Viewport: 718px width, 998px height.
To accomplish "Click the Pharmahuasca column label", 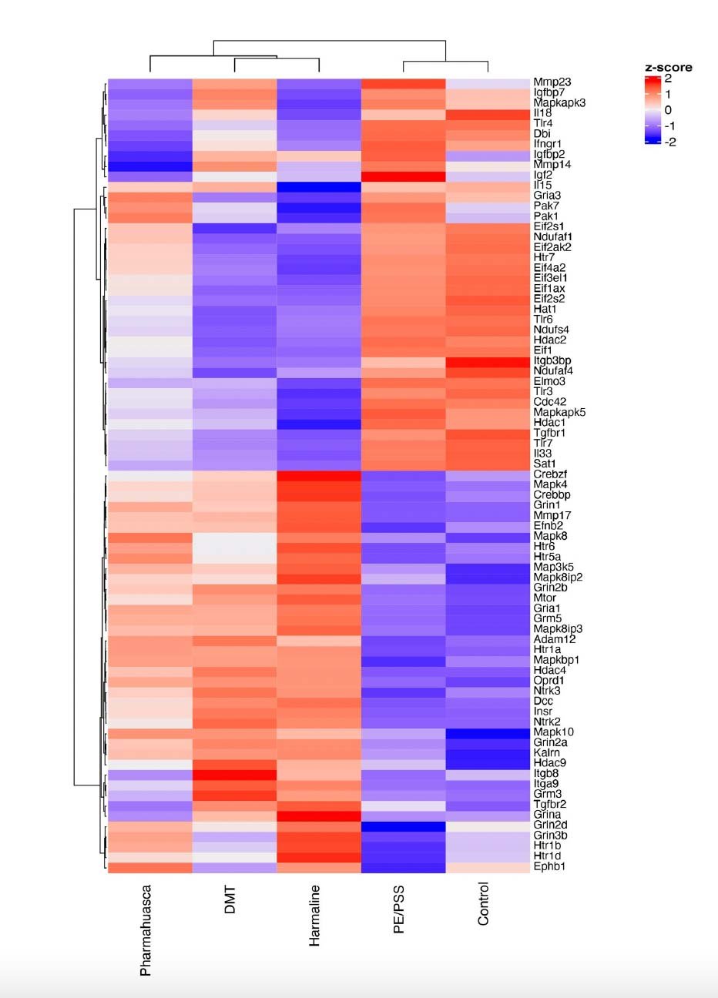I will [x=146, y=930].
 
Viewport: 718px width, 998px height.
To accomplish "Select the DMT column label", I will [x=230, y=899].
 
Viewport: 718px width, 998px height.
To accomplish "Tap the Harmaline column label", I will [x=314, y=915].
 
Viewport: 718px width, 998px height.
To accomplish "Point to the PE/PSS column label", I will [x=398, y=909].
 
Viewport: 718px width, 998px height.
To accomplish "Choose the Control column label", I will [x=483, y=903].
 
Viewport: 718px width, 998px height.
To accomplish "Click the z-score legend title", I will [x=668, y=68].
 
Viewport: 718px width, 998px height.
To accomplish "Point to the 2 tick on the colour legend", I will [x=668, y=79].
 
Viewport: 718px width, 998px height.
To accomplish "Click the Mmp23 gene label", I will [x=552, y=82].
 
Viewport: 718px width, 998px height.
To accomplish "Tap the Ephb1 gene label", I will [x=550, y=866].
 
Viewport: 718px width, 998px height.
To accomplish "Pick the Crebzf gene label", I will [x=551, y=474].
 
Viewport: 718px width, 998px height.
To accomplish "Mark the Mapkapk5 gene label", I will [x=559, y=412].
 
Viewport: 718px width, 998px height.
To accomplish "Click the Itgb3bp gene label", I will [x=552, y=360].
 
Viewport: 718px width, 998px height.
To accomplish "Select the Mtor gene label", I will [x=545, y=598].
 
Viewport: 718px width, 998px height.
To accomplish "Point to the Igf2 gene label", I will [x=543, y=175].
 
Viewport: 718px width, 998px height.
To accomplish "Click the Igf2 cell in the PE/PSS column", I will [x=403, y=176].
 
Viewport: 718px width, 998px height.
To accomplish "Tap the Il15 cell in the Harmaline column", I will [x=318, y=186].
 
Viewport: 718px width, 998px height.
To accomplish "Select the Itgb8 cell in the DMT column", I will [x=234, y=773].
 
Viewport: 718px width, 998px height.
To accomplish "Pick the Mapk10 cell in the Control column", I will [x=488, y=732].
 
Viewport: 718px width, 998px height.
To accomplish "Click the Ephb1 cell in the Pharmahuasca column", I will [x=149, y=867].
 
